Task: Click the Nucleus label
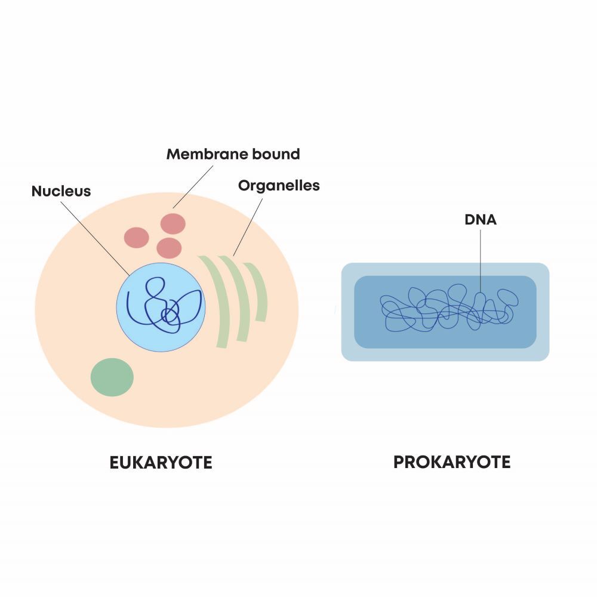tap(61, 191)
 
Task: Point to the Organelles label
tap(279, 186)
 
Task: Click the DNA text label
tap(481, 220)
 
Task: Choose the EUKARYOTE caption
tap(161, 463)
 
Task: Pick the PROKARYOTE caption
tap(452, 462)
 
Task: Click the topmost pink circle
tap(173, 223)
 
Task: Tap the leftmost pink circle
tap(136, 238)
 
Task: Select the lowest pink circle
tap(169, 247)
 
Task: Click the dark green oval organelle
tap(112, 377)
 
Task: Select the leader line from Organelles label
tap(248, 226)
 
